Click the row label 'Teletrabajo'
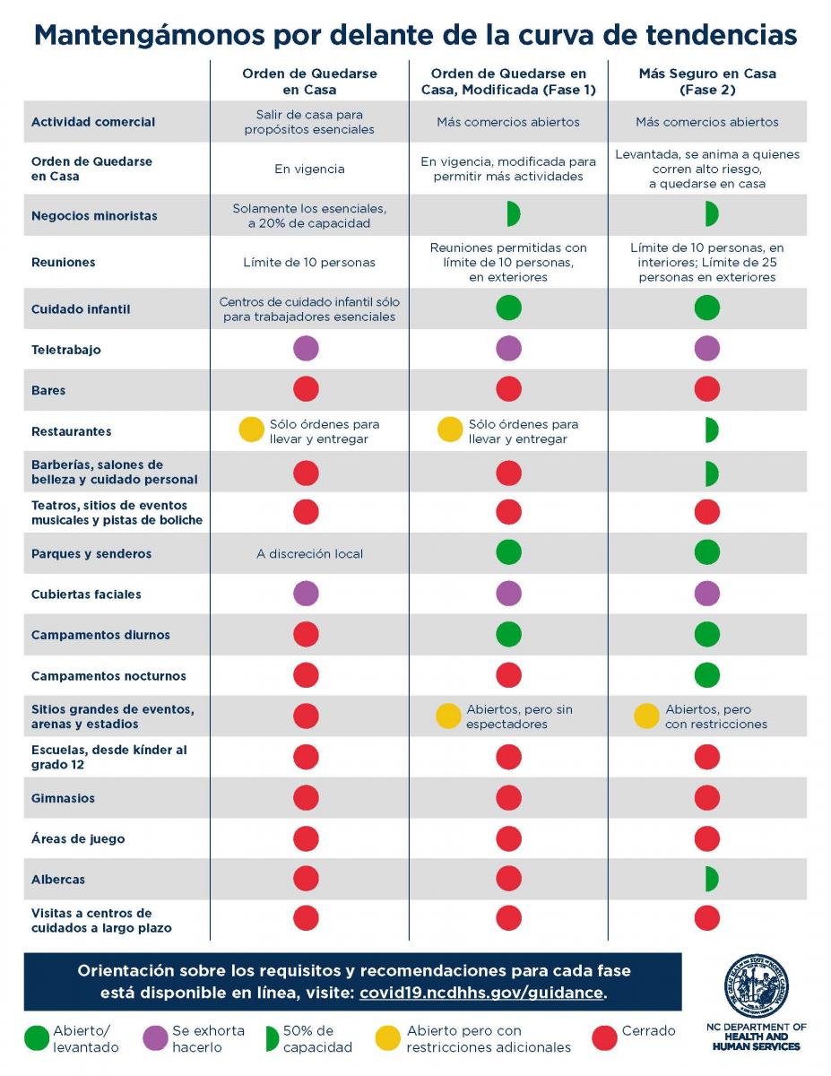click(x=65, y=350)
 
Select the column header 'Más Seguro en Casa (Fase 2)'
click(x=707, y=82)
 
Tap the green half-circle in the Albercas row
click(x=712, y=879)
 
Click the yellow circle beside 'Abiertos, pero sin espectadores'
click(x=448, y=716)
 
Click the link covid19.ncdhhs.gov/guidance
click(x=481, y=993)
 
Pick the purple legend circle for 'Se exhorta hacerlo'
click(x=155, y=1037)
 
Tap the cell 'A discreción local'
click(x=310, y=553)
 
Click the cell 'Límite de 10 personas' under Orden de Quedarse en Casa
click(x=309, y=263)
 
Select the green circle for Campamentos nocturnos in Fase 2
click(x=706, y=675)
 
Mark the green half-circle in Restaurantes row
click(x=712, y=430)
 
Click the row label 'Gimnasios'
click(x=63, y=798)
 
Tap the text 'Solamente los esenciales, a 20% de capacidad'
click(x=309, y=216)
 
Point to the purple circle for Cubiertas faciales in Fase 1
click(x=509, y=594)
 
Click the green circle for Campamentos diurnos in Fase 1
click(x=509, y=634)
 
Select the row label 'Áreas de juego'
click(x=78, y=838)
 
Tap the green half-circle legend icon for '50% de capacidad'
click(x=273, y=1038)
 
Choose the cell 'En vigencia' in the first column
click(x=309, y=169)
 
